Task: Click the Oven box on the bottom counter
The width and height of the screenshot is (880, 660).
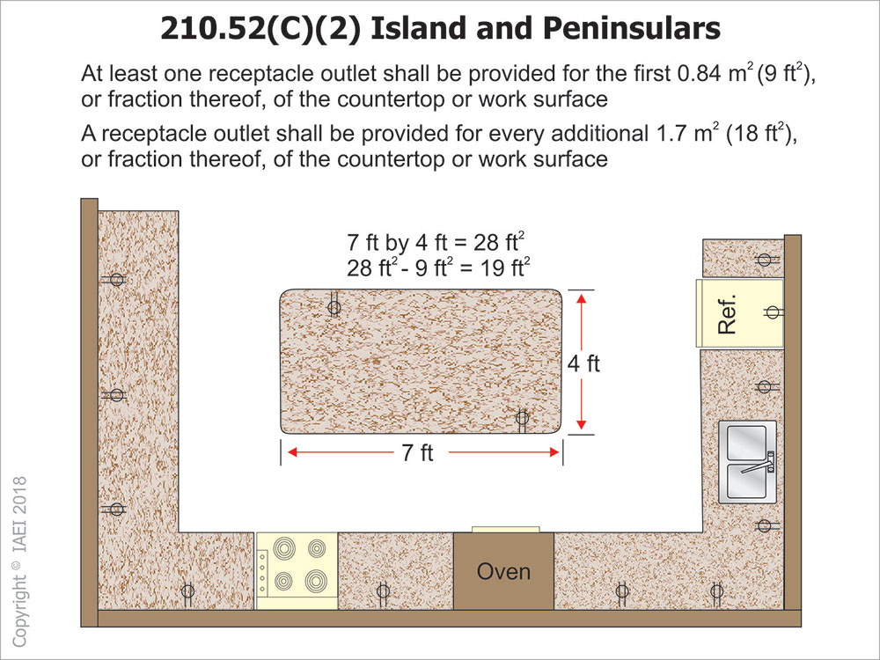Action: click(503, 571)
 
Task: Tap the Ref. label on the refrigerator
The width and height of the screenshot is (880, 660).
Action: click(728, 314)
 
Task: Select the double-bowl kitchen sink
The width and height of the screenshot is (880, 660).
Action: click(748, 462)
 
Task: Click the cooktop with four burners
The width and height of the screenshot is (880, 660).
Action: click(297, 571)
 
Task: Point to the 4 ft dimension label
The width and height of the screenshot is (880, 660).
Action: click(583, 363)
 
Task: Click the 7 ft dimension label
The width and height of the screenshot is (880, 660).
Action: click(417, 452)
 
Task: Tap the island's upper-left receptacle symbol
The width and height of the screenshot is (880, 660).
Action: click(334, 307)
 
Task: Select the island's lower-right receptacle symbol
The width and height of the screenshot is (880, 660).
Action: click(522, 419)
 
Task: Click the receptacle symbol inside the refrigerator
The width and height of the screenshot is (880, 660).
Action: click(773, 312)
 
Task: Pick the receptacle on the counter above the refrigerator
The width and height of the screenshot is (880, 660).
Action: click(765, 260)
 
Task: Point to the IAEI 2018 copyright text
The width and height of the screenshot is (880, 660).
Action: click(19, 561)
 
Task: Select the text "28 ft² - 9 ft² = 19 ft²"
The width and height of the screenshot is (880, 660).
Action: click(438, 268)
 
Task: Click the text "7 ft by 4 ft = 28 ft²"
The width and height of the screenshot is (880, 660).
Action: click(436, 242)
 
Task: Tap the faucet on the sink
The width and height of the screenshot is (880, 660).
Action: click(758, 463)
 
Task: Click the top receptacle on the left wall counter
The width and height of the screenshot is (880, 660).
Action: click(116, 279)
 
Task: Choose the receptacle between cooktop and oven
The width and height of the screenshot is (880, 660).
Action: click(383, 591)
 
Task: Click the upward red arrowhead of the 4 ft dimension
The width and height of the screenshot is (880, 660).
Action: click(582, 298)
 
